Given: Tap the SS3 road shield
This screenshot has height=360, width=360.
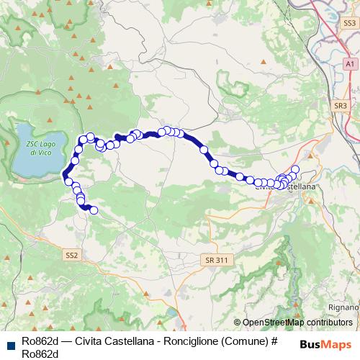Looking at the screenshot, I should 349,24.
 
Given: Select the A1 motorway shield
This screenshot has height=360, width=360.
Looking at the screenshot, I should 349,64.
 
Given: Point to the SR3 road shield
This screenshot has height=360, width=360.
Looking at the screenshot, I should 341,105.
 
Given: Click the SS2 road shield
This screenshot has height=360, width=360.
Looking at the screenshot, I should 71,255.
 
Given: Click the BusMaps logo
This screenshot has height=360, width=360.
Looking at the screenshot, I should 326,343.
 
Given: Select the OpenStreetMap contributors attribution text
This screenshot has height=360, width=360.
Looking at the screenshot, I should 297,323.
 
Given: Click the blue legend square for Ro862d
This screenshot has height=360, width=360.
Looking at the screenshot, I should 10,343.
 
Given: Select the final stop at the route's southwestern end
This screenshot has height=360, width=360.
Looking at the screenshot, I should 93,210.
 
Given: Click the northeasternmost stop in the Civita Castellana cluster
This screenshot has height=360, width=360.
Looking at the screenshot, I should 295,169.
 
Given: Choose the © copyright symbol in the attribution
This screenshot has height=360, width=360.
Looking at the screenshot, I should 238,323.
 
